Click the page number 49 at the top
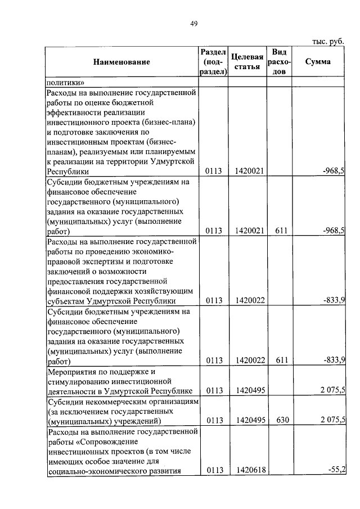pyautogui.click(x=193, y=23)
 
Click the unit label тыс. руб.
pyautogui.click(x=327, y=41)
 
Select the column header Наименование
pyautogui.click(x=121, y=61)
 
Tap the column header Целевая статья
pyautogui.click(x=247, y=62)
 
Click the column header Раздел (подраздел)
pyautogui.click(x=213, y=61)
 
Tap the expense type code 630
pyautogui.click(x=280, y=420)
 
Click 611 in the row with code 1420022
pyautogui.click(x=280, y=361)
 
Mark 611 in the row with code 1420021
pyautogui.click(x=280, y=231)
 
